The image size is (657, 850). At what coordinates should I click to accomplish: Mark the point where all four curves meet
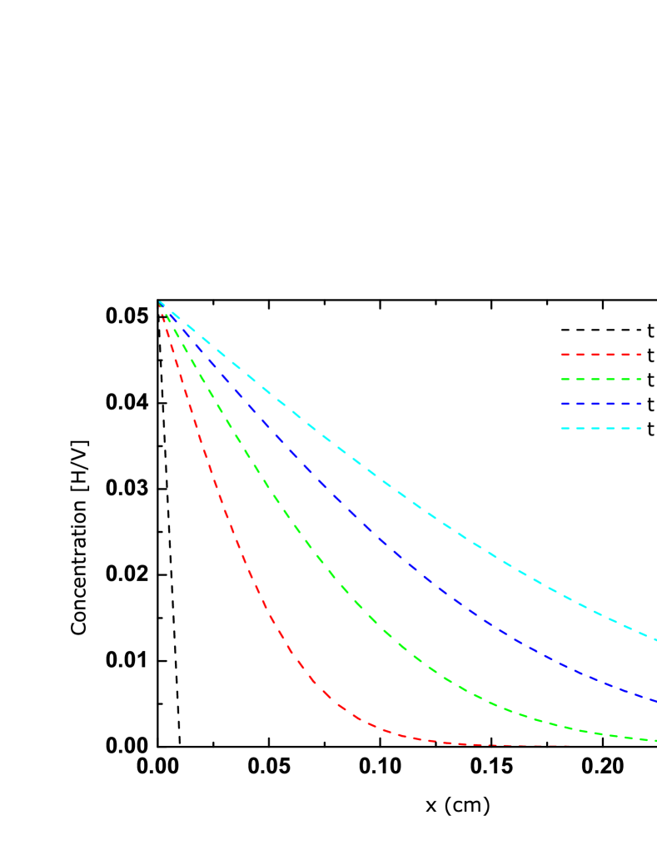pyautogui.click(x=160, y=303)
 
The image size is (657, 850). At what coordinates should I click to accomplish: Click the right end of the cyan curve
pyautogui.click(x=655, y=640)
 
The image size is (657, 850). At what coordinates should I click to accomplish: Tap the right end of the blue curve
pyautogui.click(x=655, y=701)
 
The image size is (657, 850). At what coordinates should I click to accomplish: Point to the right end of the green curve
pyautogui.click(x=655, y=740)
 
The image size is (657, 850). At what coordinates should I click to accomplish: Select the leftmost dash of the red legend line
pyautogui.click(x=565, y=355)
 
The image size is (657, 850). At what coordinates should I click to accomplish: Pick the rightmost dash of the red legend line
pyautogui.click(x=636, y=355)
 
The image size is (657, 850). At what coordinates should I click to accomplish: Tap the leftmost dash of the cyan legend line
pyautogui.click(x=565, y=429)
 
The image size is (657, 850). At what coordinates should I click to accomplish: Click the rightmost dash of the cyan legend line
pyautogui.click(x=636, y=429)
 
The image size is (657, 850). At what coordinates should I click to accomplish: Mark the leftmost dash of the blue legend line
pyautogui.click(x=565, y=404)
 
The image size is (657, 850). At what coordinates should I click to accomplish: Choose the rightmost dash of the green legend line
pyautogui.click(x=636, y=380)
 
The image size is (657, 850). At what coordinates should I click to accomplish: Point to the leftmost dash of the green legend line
pyautogui.click(x=565, y=380)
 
